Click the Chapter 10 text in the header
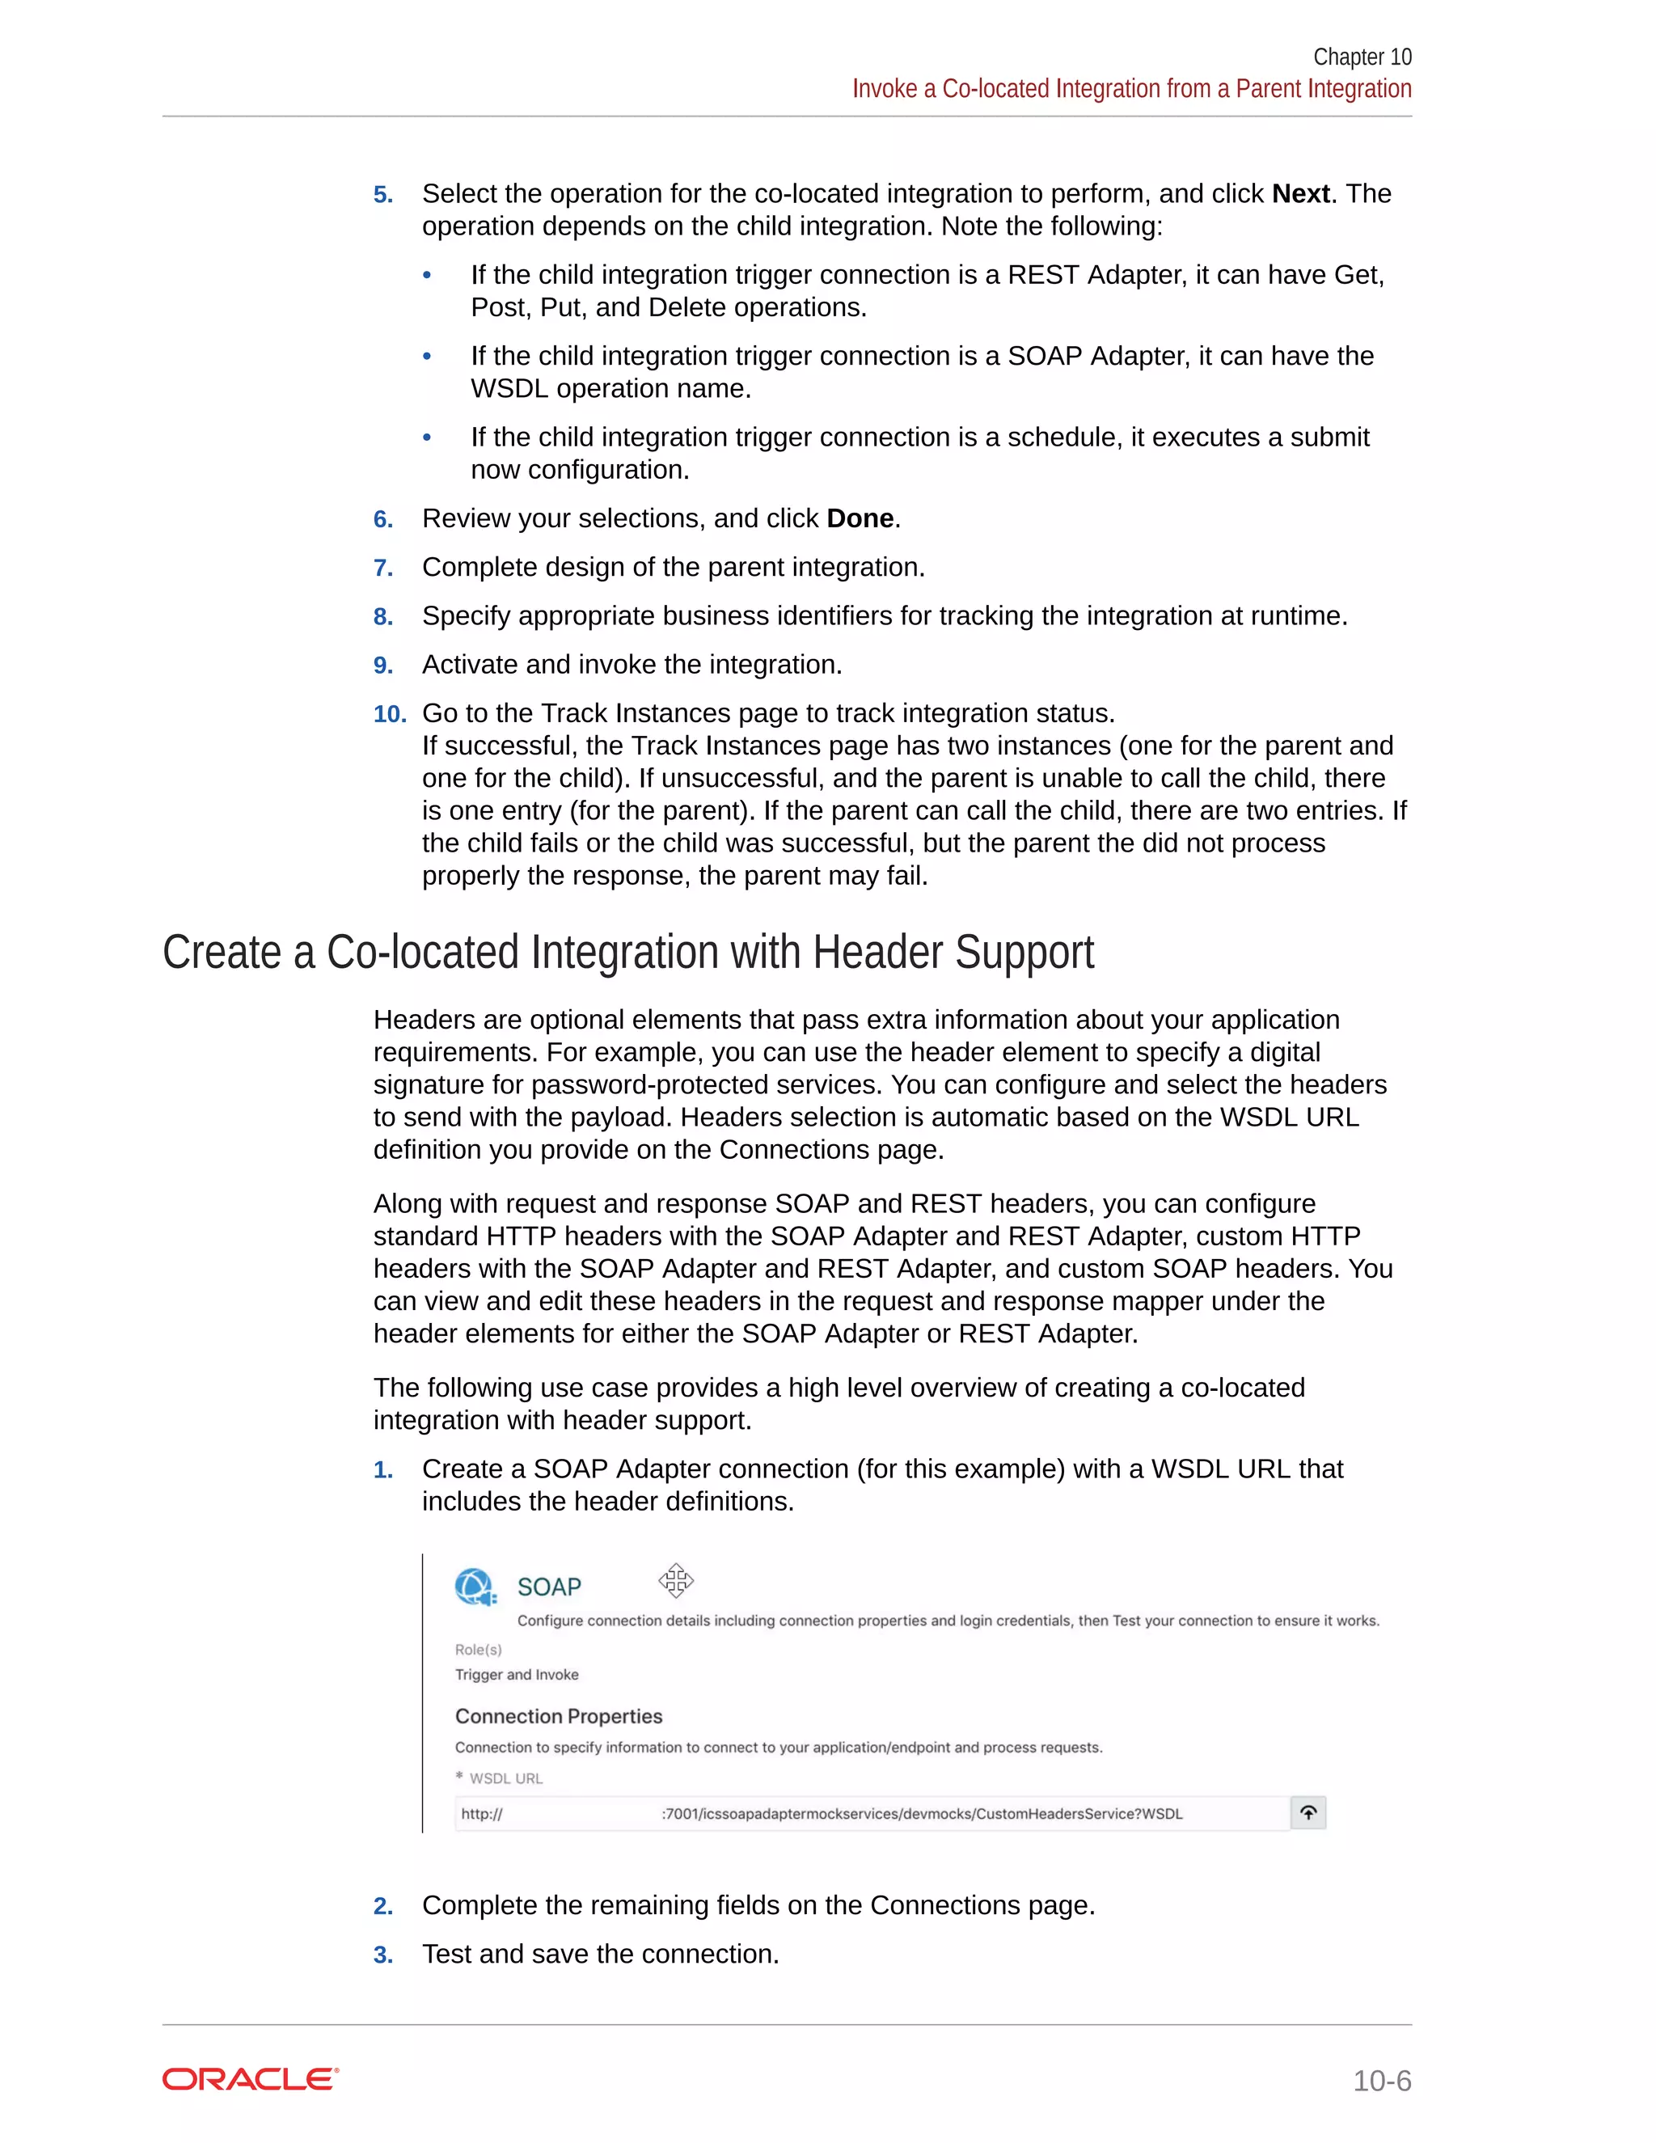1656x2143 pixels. (x=1362, y=57)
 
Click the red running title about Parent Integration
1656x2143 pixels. (x=1131, y=89)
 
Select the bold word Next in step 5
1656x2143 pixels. (x=1300, y=194)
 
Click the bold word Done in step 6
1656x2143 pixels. (x=860, y=519)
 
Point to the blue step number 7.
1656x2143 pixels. (x=382, y=569)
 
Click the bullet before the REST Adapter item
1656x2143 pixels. (x=427, y=276)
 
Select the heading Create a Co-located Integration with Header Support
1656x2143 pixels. (x=627, y=953)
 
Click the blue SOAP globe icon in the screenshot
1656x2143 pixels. (x=474, y=1587)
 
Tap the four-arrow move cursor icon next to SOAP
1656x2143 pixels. (x=676, y=1581)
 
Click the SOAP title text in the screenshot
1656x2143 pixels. (x=548, y=1587)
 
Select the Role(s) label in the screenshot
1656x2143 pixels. (x=478, y=1650)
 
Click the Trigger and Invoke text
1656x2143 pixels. (x=516, y=1675)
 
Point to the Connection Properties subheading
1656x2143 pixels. (x=558, y=1716)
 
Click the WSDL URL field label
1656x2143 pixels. (x=505, y=1778)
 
